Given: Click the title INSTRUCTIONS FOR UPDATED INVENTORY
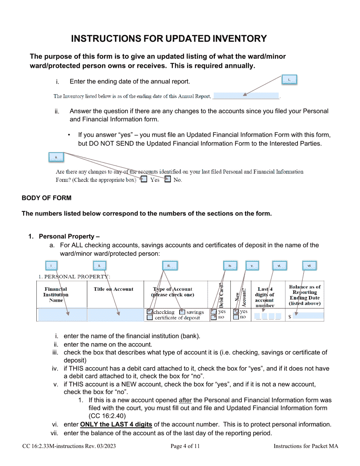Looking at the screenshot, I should point(169,39).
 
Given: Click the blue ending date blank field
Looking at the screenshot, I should point(246,96).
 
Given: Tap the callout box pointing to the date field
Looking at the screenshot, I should point(289,80).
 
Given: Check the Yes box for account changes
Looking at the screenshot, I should point(144,180).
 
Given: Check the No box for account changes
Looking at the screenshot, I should point(167,180).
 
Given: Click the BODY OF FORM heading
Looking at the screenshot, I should point(46,198).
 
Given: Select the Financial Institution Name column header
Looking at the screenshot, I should point(56,294).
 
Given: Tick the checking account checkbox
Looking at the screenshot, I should point(150,312).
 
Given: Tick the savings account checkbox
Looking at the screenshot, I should point(182,312).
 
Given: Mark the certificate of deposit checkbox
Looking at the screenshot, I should point(150,318).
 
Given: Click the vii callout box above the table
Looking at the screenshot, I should point(309,266).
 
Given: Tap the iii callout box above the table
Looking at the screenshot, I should point(169,266).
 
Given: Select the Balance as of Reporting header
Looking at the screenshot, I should point(305,295).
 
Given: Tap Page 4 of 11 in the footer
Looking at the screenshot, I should point(185,446).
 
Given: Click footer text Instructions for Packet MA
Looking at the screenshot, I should point(305,446).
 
